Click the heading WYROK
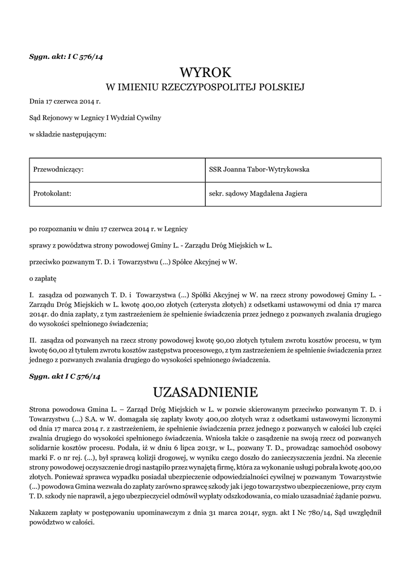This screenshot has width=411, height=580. coord(206,72)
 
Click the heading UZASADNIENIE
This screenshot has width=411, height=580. coord(206,392)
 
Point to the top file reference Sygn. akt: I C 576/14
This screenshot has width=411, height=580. coord(66,57)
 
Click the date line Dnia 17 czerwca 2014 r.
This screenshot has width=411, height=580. coord(65,102)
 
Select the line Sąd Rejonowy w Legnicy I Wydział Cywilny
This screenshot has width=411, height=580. coord(95,118)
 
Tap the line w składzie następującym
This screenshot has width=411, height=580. coord(67,135)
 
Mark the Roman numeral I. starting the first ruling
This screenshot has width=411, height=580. coord(32,295)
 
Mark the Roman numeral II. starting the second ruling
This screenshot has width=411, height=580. coord(33,340)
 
